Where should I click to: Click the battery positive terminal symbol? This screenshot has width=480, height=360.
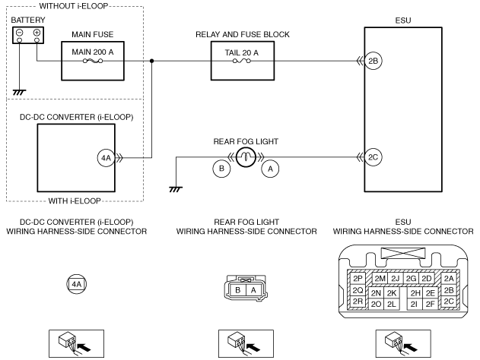tap(37, 32)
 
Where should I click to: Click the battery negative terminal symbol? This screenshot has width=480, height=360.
tap(19, 32)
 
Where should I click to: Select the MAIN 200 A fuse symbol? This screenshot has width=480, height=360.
tap(93, 61)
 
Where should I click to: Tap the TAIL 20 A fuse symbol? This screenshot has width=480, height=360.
tap(242, 61)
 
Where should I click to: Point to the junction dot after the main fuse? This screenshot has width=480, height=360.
tap(151, 61)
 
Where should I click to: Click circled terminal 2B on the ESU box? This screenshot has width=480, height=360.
tap(374, 61)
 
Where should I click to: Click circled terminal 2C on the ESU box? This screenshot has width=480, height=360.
tap(374, 157)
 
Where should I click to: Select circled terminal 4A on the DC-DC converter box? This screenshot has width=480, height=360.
tap(106, 158)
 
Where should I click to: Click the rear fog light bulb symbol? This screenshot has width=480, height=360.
tap(246, 157)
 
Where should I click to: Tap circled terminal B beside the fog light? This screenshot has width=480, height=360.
tap(221, 169)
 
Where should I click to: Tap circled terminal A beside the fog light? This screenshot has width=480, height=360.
tap(270, 169)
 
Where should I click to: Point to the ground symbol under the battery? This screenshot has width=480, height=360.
tap(19, 92)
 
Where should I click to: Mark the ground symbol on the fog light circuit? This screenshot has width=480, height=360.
tap(176, 189)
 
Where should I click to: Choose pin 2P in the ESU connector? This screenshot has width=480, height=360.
tap(358, 279)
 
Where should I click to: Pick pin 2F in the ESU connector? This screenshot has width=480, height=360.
tap(430, 304)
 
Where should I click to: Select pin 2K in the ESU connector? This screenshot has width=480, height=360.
tap(392, 293)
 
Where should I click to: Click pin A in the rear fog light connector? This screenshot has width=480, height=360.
tap(253, 290)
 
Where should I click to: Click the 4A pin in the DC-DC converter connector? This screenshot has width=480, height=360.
tap(77, 285)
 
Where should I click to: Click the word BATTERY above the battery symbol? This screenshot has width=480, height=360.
tap(28, 21)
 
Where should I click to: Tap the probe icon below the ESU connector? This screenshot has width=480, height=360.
tap(403, 343)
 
